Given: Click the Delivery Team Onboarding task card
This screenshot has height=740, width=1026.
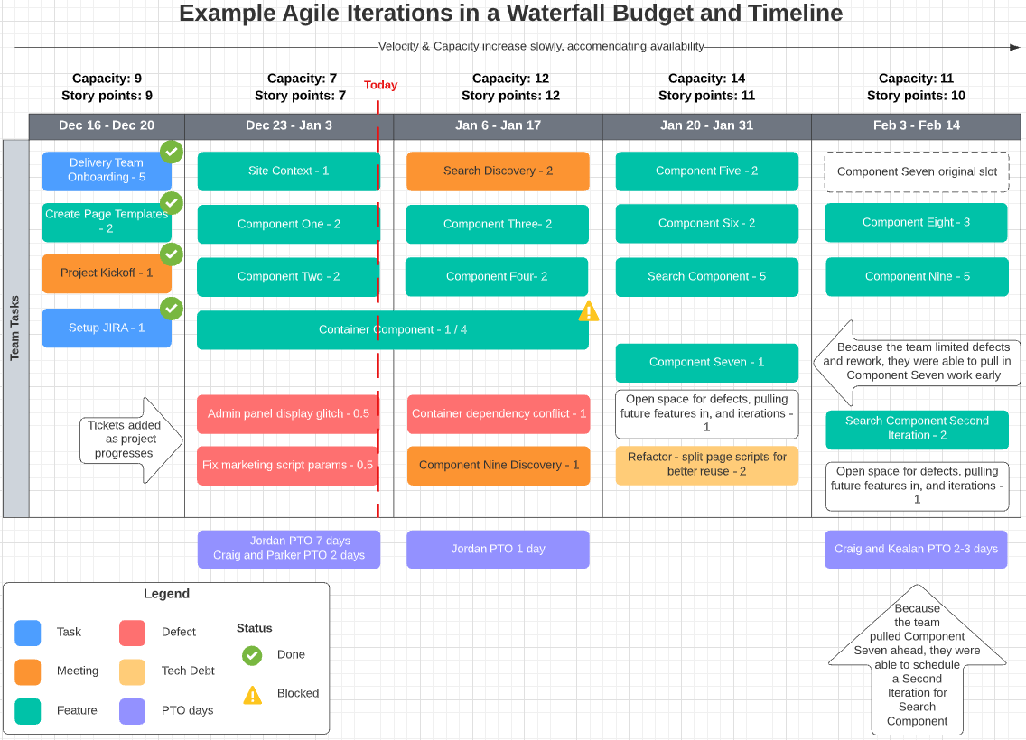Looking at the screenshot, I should [106, 171].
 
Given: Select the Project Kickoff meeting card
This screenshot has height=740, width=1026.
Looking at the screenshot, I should [106, 273].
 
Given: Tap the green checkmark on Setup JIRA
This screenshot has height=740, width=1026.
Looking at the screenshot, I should [171, 310].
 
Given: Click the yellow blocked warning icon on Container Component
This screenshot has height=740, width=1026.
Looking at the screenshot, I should [589, 311].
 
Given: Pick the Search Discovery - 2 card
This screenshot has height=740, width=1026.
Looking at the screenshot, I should [498, 171].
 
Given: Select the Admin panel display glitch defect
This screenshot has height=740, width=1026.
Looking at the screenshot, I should [287, 414].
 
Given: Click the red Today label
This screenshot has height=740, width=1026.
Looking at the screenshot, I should [380, 85].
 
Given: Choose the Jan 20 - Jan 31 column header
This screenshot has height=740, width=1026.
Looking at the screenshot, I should [706, 125].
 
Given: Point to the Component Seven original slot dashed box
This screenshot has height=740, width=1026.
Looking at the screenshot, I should [917, 171].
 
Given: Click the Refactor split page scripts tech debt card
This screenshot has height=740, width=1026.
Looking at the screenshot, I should [706, 465].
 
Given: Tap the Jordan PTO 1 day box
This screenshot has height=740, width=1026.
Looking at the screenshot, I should [498, 549].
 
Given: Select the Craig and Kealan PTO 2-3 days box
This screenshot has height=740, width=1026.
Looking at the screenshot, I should [916, 549].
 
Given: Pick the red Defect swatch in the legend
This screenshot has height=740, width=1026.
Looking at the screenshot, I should [132, 633].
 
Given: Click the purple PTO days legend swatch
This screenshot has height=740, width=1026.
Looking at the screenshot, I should [132, 711].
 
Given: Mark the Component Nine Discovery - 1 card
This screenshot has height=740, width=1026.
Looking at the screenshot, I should [499, 466].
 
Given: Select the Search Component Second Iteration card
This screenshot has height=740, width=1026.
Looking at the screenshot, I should [917, 429].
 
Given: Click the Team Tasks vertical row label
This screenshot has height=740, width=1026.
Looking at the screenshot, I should [15, 328].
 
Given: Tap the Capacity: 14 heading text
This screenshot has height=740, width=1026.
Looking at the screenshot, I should [706, 79].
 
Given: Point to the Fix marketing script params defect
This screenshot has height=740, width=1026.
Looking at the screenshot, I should [287, 466].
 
